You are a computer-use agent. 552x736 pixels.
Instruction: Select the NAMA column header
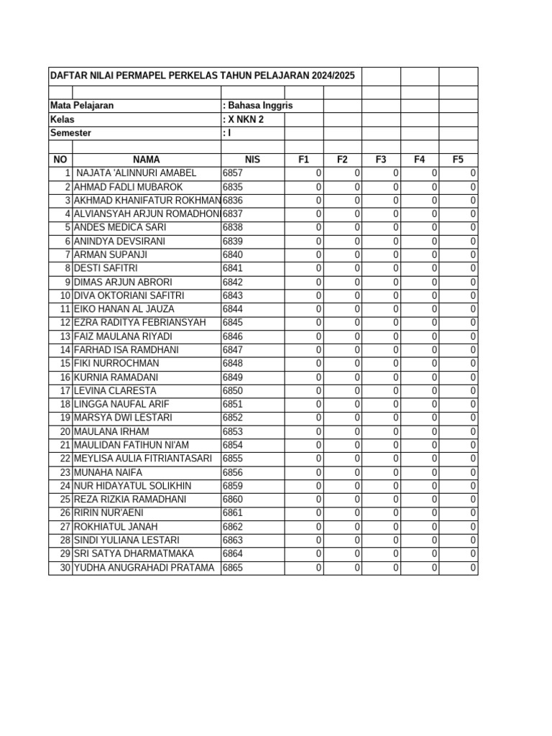click(146, 160)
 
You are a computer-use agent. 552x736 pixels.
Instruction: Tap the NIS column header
click(252, 160)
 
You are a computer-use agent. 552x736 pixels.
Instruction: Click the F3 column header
click(381, 160)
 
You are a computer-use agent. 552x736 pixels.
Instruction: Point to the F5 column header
click(458, 160)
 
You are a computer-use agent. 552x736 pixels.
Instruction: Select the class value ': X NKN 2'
click(244, 119)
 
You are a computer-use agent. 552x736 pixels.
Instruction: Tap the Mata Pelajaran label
click(82, 106)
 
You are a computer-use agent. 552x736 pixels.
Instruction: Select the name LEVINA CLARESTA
click(115, 390)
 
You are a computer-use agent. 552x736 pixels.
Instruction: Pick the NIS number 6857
click(233, 173)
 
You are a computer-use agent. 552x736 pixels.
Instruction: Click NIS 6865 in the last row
click(233, 568)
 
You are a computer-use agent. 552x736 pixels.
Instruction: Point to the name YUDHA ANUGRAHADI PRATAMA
click(144, 568)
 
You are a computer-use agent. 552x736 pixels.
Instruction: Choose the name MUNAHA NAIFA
click(109, 472)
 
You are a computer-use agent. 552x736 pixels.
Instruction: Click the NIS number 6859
click(233, 486)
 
